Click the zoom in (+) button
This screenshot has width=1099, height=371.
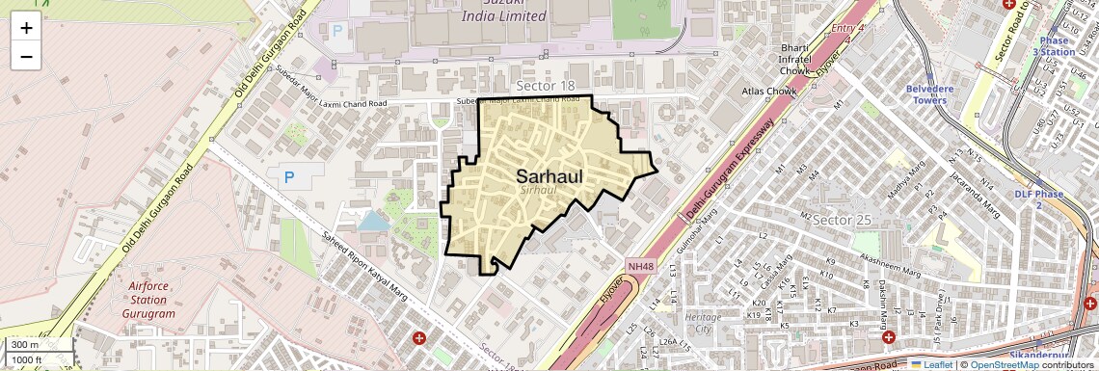point(26,28)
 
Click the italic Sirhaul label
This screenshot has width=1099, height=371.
point(539,190)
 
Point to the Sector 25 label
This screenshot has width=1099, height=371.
point(842,220)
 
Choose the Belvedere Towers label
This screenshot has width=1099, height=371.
point(926,93)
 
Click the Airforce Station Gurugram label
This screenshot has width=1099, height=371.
point(149,299)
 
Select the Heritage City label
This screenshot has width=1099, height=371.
point(703,323)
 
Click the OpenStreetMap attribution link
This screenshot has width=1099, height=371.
point(1004,364)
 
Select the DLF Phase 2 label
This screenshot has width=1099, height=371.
point(1038,199)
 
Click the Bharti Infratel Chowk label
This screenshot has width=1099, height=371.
point(799,57)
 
